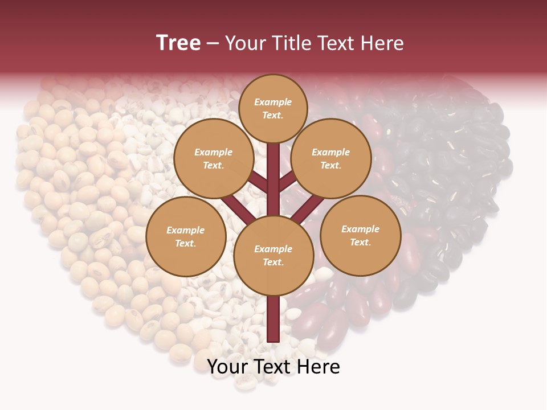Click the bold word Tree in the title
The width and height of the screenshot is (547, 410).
tap(178, 43)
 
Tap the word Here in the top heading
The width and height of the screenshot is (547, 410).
tap(382, 43)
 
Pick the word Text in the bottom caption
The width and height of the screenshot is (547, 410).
tap(273, 367)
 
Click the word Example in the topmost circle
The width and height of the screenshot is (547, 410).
tap(273, 102)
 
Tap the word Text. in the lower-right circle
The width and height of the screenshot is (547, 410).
tap(360, 242)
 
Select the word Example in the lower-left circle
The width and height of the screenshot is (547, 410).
tap(186, 230)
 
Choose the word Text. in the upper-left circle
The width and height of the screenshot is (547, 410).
tap(214, 165)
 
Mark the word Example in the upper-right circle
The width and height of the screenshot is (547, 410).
tap(331, 152)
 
